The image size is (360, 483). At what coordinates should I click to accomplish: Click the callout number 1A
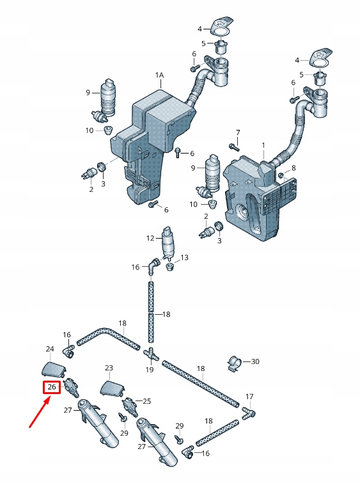point(159,75)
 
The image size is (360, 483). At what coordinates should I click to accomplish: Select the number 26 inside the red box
point(52,387)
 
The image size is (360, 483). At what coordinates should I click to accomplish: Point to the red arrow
point(38,412)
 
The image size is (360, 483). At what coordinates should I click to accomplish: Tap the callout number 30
point(255,361)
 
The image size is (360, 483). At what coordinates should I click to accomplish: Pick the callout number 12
point(150,238)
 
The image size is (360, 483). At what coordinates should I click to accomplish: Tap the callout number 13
point(185,258)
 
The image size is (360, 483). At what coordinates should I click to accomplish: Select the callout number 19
point(150,370)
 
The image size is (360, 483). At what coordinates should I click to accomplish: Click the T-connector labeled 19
point(151,354)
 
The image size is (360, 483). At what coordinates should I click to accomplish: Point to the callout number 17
point(249,397)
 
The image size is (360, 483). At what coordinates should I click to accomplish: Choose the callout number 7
point(237,132)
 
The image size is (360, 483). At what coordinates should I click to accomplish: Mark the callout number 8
point(293,168)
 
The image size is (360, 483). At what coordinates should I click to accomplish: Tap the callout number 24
point(50,349)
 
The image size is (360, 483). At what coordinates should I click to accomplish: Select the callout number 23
point(109,368)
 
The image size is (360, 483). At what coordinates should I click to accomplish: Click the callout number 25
point(147,401)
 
